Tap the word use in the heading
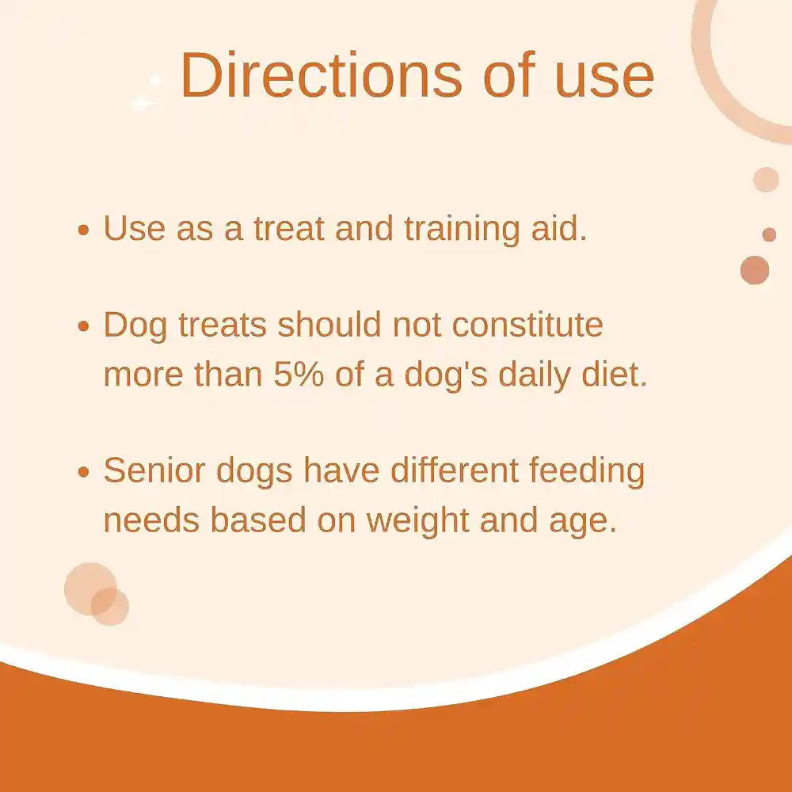(605, 75)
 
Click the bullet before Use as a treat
(84, 230)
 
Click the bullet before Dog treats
(84, 327)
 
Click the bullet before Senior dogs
(84, 473)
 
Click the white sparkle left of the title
(143, 102)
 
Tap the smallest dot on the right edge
(769, 234)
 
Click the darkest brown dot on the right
(755, 270)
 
